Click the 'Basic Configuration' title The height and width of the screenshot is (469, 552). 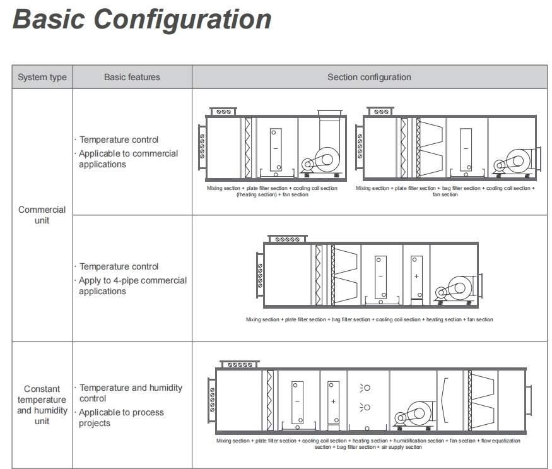coord(143,19)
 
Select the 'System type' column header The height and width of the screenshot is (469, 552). coord(42,77)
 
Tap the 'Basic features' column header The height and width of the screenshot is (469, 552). coord(132,77)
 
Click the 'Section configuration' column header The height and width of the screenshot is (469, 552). coord(368,77)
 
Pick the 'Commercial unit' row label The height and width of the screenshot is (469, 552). coord(42,215)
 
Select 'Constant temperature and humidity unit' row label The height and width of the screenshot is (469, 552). coord(42,405)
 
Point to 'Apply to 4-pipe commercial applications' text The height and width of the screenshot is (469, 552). coord(132,285)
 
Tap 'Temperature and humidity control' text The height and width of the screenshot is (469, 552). coord(131,393)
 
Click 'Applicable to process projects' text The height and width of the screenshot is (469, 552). coord(121,417)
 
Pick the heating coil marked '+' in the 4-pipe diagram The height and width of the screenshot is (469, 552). coord(416,277)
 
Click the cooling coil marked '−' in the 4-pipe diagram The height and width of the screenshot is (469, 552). coord(380,277)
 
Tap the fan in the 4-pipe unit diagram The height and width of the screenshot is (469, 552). coord(456,287)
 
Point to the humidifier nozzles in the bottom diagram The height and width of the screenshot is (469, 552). coord(365,397)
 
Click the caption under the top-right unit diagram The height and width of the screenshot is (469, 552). coord(445,191)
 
